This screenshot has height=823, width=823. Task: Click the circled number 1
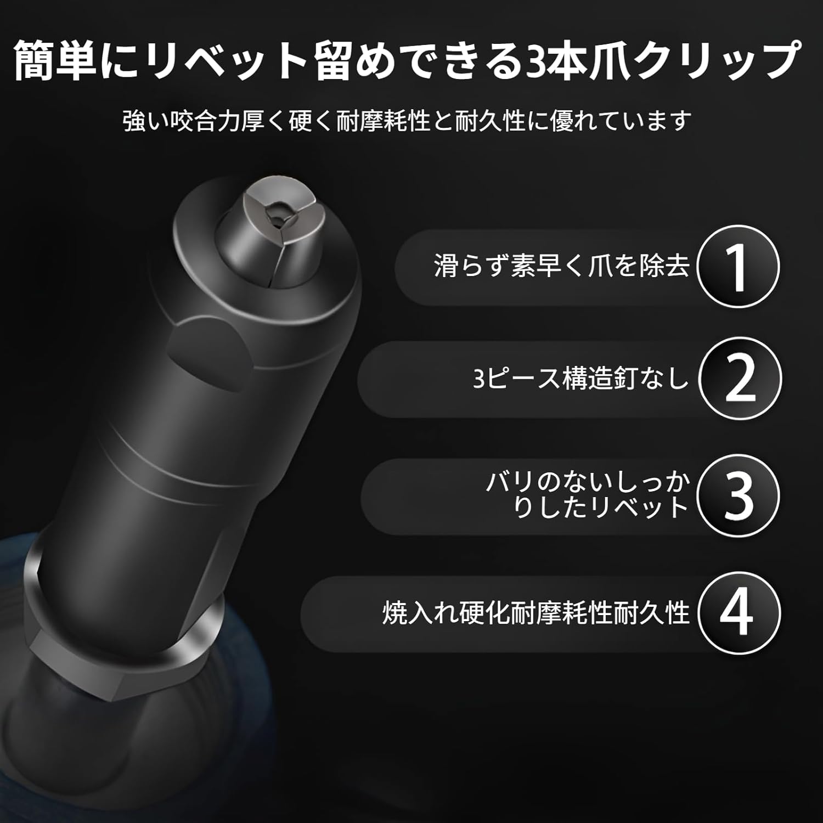click(739, 267)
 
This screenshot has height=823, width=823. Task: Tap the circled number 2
click(740, 379)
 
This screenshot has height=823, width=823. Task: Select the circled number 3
click(739, 495)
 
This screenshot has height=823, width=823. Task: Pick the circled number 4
click(739, 612)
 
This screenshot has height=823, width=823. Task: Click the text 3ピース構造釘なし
click(580, 379)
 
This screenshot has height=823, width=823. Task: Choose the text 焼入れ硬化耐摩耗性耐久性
click(535, 613)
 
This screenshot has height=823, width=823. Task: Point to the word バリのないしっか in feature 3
click(588, 482)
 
